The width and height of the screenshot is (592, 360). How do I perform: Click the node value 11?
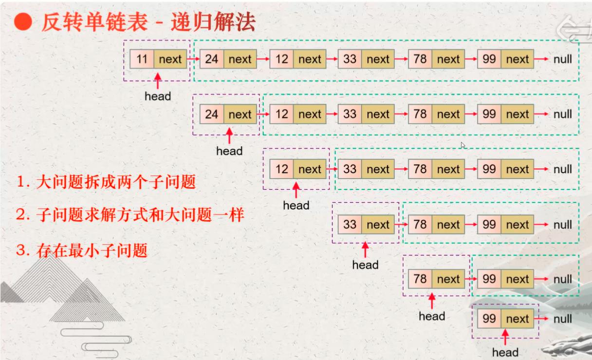(142, 59)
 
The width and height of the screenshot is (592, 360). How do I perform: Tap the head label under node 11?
(158, 96)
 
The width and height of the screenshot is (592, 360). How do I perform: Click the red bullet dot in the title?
(23, 22)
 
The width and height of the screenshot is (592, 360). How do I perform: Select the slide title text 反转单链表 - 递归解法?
(148, 22)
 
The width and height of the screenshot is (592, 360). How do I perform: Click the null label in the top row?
(563, 59)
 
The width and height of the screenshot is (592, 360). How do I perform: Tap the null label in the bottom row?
(563, 319)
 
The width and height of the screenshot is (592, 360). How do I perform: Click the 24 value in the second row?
(212, 114)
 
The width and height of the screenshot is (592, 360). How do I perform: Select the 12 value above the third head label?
(282, 170)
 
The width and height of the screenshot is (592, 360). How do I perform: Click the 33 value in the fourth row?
(350, 225)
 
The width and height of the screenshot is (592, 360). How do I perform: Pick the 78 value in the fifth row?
(420, 279)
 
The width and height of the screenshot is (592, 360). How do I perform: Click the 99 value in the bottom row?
(489, 319)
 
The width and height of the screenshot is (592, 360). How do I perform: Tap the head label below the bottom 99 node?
(505, 352)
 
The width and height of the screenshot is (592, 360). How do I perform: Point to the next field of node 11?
(170, 59)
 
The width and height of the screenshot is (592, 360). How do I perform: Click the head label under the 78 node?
(432, 316)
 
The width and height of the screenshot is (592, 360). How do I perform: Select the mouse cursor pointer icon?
(463, 145)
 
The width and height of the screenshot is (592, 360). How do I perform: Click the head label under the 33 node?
(365, 265)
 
